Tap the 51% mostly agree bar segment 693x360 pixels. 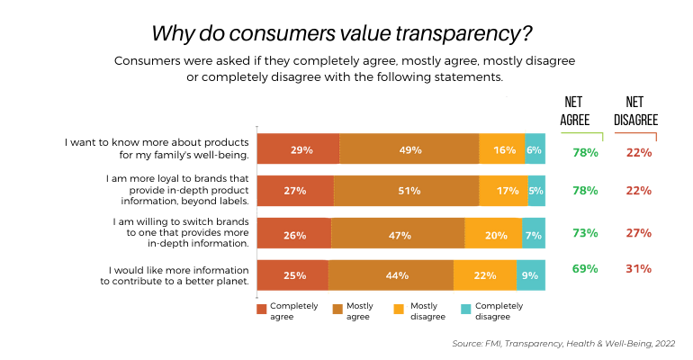pyautogui.click(x=406, y=192)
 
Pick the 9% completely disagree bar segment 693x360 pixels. pyautogui.click(x=531, y=275)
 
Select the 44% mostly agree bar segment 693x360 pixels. pyautogui.click(x=391, y=275)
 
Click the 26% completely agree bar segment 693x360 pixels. pyautogui.click(x=294, y=234)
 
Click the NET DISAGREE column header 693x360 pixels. pyautogui.click(x=637, y=111)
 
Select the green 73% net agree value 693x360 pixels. pyautogui.click(x=585, y=233)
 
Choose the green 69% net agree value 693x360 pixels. pyautogui.click(x=585, y=268)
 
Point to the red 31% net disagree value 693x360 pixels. pyautogui.click(x=638, y=268)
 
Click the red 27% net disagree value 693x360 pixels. pyautogui.click(x=638, y=233)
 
